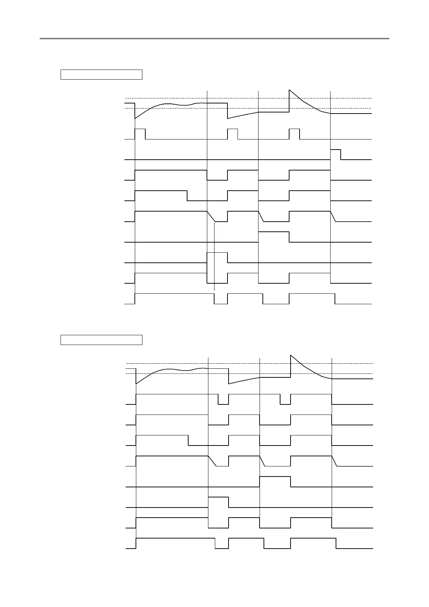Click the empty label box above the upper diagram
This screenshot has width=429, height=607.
(x=101, y=75)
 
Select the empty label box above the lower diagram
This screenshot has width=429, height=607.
(x=101, y=340)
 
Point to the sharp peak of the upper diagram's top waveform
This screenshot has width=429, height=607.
(x=289, y=90)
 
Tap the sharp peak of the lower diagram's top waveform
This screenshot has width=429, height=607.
(x=291, y=355)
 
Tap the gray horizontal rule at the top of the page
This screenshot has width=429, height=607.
(x=214, y=38)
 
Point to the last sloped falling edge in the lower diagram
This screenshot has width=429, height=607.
(x=334, y=461)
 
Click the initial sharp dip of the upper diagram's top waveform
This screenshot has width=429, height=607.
(x=135, y=118)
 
